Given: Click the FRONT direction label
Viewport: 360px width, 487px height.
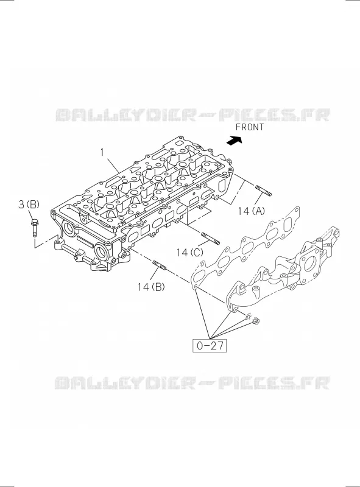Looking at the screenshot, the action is click(x=250, y=127).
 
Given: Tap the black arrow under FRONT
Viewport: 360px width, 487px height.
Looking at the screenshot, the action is click(x=235, y=141).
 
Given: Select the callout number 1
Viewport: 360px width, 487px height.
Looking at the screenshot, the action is click(x=102, y=153).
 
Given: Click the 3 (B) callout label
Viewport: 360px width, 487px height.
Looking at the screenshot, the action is click(x=29, y=205).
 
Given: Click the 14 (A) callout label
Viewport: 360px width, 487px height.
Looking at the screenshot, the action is click(x=251, y=211).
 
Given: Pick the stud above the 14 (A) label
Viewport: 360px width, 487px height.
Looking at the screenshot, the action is click(x=263, y=191).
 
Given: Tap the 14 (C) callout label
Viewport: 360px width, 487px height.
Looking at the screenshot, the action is click(x=189, y=252).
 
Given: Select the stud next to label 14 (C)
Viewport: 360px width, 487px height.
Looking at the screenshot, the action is click(x=211, y=238).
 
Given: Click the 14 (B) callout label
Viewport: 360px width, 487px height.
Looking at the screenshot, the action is click(x=152, y=287).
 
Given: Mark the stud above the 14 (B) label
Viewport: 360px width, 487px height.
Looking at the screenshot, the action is click(x=160, y=266).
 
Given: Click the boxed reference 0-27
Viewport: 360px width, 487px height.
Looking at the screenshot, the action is click(x=210, y=345).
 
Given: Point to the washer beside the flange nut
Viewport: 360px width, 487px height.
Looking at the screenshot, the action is click(x=248, y=317).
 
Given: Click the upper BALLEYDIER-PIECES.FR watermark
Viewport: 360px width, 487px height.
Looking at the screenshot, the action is click(x=192, y=115).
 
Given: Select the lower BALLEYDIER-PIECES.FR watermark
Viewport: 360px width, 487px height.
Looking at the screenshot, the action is click(x=192, y=383).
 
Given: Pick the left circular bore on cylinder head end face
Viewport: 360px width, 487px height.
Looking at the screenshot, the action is click(x=69, y=229).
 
